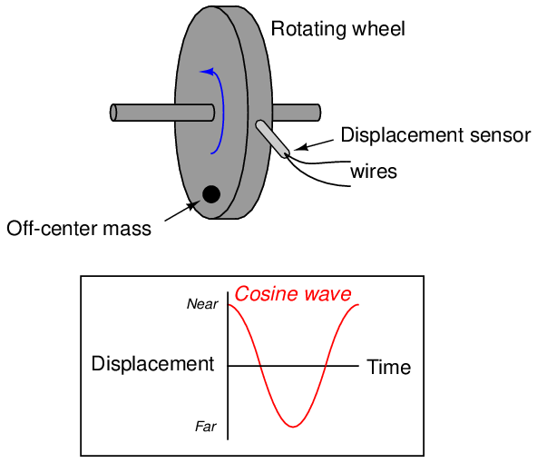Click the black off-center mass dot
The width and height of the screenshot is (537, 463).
tap(211, 194)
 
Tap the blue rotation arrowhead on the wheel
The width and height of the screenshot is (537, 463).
tap(207, 72)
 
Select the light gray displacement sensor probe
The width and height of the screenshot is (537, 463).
tap(273, 139)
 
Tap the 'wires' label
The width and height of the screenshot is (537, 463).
tap(374, 171)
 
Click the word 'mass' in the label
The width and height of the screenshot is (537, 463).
tap(127, 229)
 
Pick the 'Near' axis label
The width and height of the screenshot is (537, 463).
tap(202, 304)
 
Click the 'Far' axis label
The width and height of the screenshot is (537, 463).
tap(206, 427)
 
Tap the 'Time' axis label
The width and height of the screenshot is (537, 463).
tap(389, 367)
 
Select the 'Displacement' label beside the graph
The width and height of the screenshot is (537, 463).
tap(152, 363)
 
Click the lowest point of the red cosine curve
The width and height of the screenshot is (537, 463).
tap(293, 427)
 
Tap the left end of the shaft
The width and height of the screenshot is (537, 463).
tap(113, 113)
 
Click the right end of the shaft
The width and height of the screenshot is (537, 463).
tap(318, 113)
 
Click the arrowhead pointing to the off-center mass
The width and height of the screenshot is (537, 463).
tap(193, 205)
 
